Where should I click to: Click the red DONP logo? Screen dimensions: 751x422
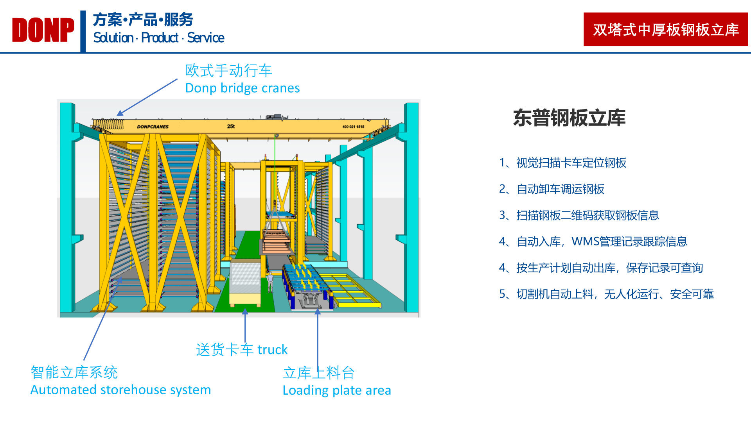pyautogui.click(x=43, y=30)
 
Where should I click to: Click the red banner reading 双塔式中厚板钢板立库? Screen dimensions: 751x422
pyautogui.click(x=666, y=29)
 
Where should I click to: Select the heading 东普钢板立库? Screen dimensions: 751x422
pyautogui.click(x=569, y=118)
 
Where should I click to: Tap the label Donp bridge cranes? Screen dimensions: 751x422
pyautogui.click(x=243, y=88)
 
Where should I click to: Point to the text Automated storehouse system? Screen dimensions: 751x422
pyautogui.click(x=120, y=390)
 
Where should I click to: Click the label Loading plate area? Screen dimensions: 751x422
pyautogui.click(x=337, y=390)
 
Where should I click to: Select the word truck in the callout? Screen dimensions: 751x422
pyautogui.click(x=272, y=349)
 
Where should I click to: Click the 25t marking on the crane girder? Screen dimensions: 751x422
pyautogui.click(x=231, y=126)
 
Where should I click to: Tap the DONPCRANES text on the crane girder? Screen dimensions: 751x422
pyautogui.click(x=153, y=127)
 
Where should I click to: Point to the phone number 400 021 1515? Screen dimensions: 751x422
pyautogui.click(x=353, y=127)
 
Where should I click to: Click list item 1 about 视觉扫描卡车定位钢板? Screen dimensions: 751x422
pyautogui.click(x=562, y=163)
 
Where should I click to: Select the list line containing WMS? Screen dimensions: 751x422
pyautogui.click(x=593, y=241)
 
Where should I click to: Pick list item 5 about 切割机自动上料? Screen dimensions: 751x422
pyautogui.click(x=606, y=294)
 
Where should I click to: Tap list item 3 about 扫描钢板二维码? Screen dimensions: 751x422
pyautogui.click(x=579, y=215)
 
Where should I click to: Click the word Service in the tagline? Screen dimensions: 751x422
pyautogui.click(x=206, y=38)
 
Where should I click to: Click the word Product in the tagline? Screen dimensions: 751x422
pyautogui.click(x=160, y=38)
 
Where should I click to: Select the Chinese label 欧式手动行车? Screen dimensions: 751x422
pyautogui.click(x=229, y=71)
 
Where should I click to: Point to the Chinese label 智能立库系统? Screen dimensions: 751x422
pyautogui.click(x=74, y=372)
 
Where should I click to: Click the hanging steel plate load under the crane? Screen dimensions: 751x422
pyautogui.click(x=276, y=241)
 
